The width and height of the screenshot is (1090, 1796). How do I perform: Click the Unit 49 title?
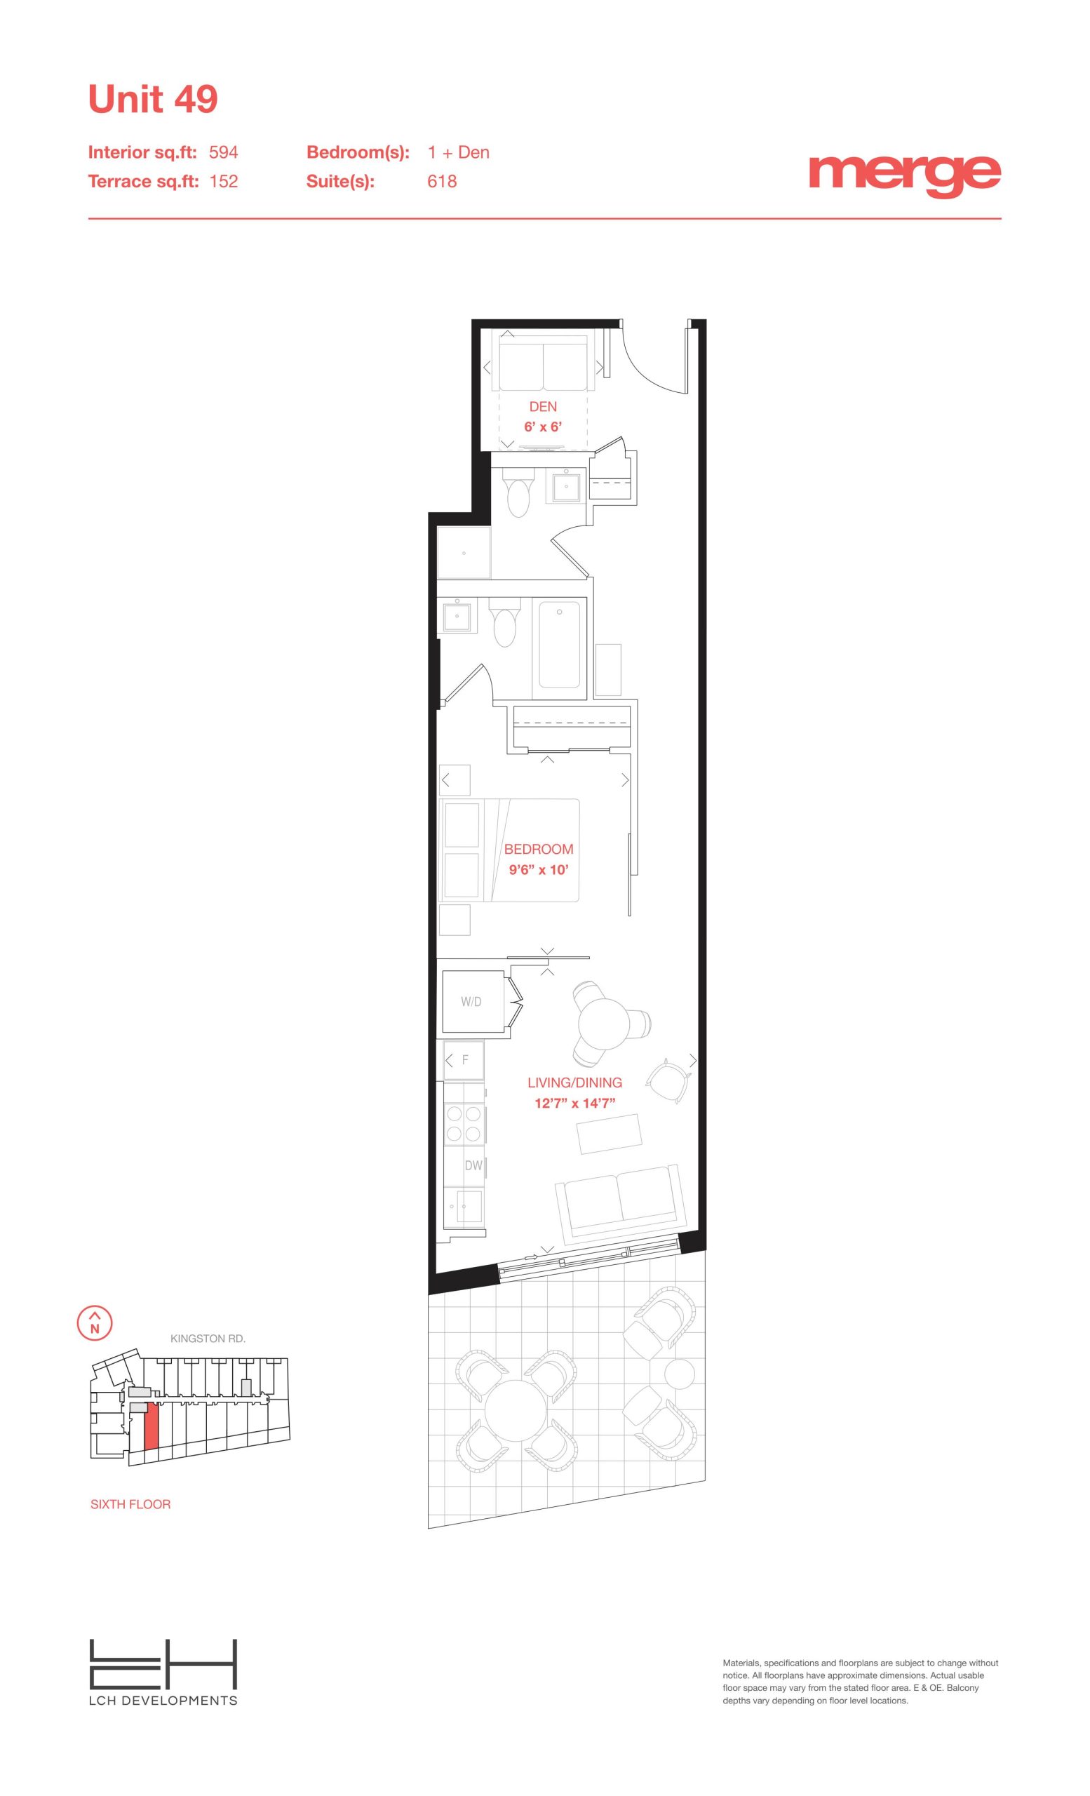click(x=153, y=99)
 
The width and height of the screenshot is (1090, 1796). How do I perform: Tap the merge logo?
click(x=904, y=175)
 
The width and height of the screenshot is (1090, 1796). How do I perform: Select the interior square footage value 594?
click(x=224, y=152)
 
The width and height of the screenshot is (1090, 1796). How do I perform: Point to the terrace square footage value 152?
click(x=224, y=182)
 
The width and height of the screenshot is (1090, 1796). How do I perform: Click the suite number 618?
click(x=443, y=182)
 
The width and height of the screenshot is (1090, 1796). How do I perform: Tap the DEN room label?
click(x=543, y=407)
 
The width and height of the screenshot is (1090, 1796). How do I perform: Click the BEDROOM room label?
click(x=539, y=849)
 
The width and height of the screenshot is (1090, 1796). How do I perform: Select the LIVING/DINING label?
click(x=575, y=1083)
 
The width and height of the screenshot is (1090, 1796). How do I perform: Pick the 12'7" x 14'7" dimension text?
click(x=575, y=1103)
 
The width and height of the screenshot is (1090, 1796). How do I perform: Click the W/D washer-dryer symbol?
click(x=471, y=1002)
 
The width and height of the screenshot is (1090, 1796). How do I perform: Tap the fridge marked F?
click(x=464, y=1061)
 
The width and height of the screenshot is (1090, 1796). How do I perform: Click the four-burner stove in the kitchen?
click(x=464, y=1123)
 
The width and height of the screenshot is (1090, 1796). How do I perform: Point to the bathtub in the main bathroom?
click(x=560, y=643)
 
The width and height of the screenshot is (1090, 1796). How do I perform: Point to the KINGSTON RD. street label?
click(x=208, y=1339)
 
